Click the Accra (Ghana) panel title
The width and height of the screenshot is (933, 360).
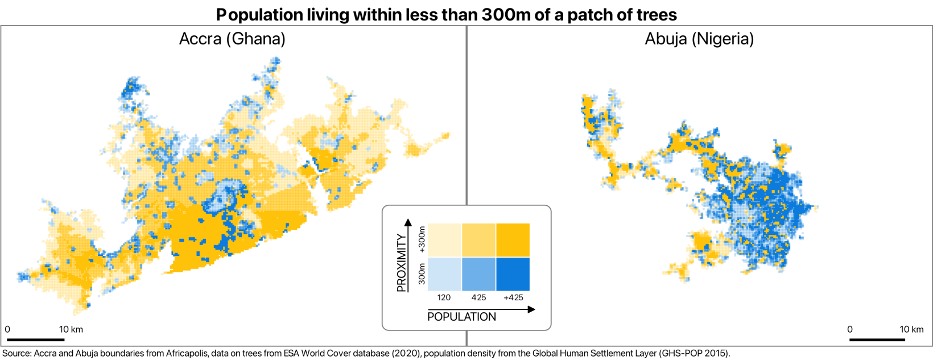232,39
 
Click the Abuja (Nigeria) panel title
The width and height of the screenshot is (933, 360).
699,39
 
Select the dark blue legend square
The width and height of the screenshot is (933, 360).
513,274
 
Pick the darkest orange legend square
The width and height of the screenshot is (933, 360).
513,240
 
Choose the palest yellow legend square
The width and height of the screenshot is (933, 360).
444,240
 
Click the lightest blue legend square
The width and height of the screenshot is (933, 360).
444,274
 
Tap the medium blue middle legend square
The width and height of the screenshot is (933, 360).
478,274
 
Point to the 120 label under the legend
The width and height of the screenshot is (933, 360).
444,297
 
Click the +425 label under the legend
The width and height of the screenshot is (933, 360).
513,297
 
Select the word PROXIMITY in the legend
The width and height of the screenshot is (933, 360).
402,263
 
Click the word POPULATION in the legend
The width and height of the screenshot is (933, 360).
461,317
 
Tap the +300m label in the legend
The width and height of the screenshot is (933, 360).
422,239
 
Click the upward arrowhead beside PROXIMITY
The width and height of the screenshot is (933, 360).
407,222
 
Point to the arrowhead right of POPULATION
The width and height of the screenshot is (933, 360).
531,309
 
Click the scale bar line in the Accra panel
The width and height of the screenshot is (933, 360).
35,340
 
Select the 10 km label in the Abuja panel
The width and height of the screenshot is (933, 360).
911,329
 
